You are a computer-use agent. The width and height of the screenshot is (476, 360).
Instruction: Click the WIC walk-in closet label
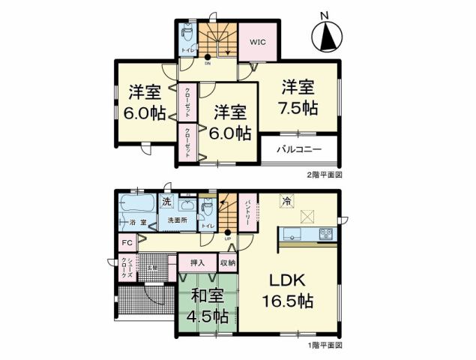point(256,42)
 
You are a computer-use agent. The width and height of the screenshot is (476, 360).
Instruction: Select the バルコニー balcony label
point(298,148)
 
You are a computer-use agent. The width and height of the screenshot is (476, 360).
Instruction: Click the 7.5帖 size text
point(300,107)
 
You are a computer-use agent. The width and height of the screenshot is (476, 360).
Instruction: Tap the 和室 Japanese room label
point(205,295)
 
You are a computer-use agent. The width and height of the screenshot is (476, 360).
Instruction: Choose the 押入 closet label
point(197,263)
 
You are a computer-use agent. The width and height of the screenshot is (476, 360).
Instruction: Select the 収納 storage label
point(227,263)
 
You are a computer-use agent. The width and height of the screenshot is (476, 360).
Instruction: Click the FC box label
point(127,243)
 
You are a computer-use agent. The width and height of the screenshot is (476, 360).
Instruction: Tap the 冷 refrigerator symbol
point(286,200)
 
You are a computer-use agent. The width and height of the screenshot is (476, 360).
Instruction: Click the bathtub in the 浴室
point(137,204)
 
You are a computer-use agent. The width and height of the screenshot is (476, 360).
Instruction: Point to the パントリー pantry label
point(248,214)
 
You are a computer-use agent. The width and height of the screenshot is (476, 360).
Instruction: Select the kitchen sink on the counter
point(292,235)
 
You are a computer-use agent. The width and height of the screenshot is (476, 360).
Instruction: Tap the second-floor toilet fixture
point(187,33)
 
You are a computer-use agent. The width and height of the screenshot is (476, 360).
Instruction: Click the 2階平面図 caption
point(324,174)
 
